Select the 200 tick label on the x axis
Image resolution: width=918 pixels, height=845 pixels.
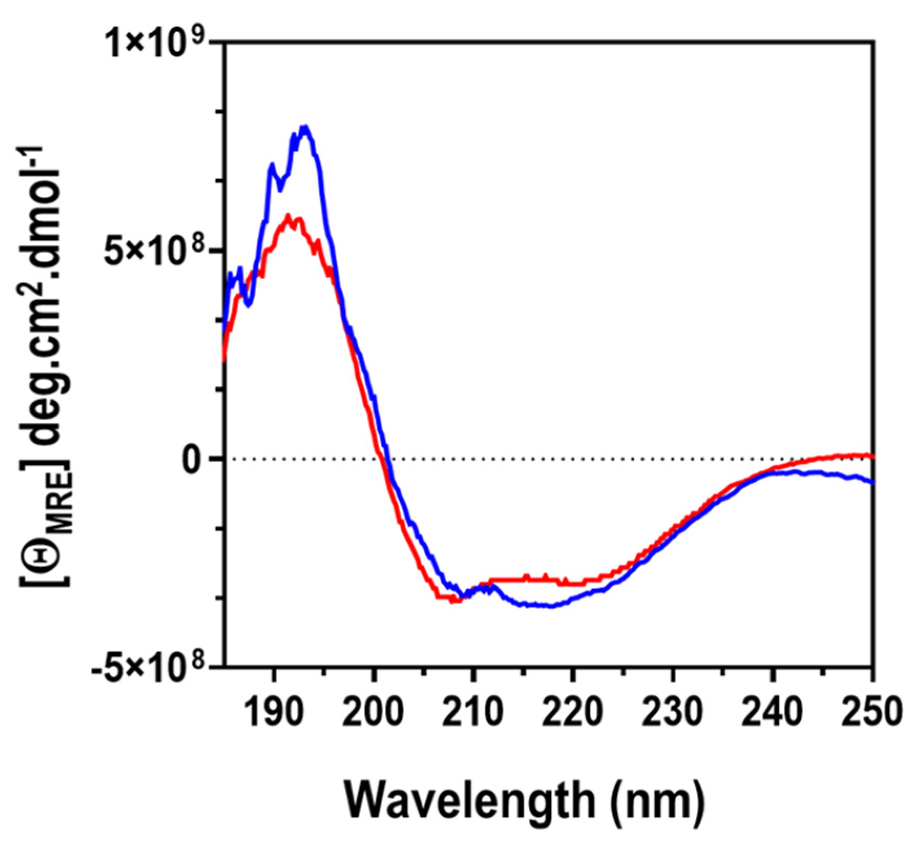pyautogui.click(x=373, y=713)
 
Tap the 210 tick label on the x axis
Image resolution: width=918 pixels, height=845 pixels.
pyautogui.click(x=473, y=713)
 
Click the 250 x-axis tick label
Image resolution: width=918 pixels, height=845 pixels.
pyautogui.click(x=872, y=713)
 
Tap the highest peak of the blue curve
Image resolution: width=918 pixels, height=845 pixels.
pyautogui.click(x=305, y=127)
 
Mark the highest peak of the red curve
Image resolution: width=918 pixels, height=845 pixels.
pyautogui.click(x=288, y=215)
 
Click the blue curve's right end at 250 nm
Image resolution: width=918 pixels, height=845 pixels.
pyautogui.click(x=872, y=482)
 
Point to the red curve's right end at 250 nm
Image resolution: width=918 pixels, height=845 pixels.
pyautogui.click(x=872, y=456)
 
